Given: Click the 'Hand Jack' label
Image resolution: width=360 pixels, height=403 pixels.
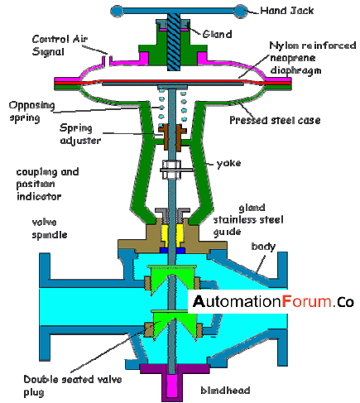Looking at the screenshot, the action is [287, 11].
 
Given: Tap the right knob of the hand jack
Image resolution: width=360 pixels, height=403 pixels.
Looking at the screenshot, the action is [241, 11].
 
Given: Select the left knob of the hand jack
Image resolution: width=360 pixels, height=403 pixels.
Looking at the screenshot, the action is [117, 12].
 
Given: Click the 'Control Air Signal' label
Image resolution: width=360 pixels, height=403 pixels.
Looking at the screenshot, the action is [60, 46].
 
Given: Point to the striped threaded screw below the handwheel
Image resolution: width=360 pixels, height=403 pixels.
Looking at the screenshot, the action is [174, 41].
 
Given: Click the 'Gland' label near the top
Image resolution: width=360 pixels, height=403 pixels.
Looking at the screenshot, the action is [217, 34].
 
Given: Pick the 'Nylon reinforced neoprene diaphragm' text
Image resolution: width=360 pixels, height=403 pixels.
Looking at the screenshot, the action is [313, 58].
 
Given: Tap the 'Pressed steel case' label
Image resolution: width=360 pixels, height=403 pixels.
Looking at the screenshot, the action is [275, 120].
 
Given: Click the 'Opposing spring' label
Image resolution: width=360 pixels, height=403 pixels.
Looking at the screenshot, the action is [31, 112].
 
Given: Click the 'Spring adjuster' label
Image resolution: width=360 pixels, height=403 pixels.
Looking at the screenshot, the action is [80, 134].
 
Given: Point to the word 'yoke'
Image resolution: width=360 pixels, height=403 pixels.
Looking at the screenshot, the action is [228, 163].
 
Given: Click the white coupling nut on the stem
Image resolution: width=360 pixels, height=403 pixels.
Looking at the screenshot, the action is [171, 170].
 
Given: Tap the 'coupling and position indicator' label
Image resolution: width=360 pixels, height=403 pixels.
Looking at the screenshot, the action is [47, 184].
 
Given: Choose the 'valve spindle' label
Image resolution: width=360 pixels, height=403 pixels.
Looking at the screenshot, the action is [50, 228].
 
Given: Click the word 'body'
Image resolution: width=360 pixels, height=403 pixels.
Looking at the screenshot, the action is [263, 246].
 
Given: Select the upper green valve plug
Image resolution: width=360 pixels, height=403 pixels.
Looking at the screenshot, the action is [172, 279].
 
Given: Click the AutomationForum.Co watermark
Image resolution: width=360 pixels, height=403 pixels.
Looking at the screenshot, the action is [273, 301].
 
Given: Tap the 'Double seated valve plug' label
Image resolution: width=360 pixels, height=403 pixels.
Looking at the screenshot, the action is [73, 386].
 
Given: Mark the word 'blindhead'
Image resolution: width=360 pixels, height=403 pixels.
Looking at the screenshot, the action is [225, 390].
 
